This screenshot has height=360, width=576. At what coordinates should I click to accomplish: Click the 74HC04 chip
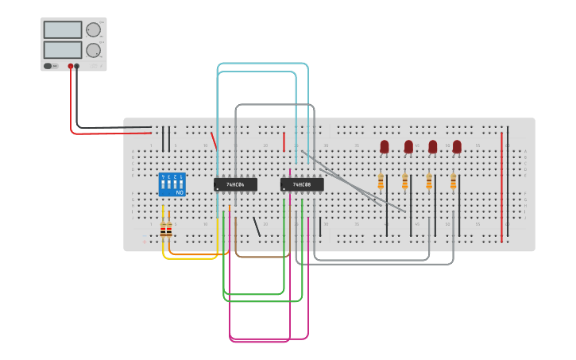235,184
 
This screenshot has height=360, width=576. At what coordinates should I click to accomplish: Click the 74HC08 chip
302,184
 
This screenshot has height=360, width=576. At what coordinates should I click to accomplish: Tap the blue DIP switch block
172,184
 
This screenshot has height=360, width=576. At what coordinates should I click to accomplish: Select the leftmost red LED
385,146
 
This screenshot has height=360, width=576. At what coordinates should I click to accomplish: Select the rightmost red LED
457,146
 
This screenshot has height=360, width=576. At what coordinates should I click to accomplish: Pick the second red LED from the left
408,146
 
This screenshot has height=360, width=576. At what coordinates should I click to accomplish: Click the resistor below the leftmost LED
381,184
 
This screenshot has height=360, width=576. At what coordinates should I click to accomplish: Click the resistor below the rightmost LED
454,184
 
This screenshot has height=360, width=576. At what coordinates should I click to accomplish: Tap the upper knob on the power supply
93,30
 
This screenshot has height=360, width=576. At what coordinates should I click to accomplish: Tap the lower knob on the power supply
93,50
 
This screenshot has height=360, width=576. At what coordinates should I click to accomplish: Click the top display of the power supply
62,29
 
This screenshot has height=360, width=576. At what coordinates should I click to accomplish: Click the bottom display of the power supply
62,49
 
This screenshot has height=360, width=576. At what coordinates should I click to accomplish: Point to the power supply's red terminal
71,67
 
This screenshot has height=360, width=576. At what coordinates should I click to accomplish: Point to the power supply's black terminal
77,67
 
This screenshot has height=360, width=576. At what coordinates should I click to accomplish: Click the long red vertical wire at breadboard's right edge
501,187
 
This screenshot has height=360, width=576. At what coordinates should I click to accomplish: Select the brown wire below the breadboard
258,257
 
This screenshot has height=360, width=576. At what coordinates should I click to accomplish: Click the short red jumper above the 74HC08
284,141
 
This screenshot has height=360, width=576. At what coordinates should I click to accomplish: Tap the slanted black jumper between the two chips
256,226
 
